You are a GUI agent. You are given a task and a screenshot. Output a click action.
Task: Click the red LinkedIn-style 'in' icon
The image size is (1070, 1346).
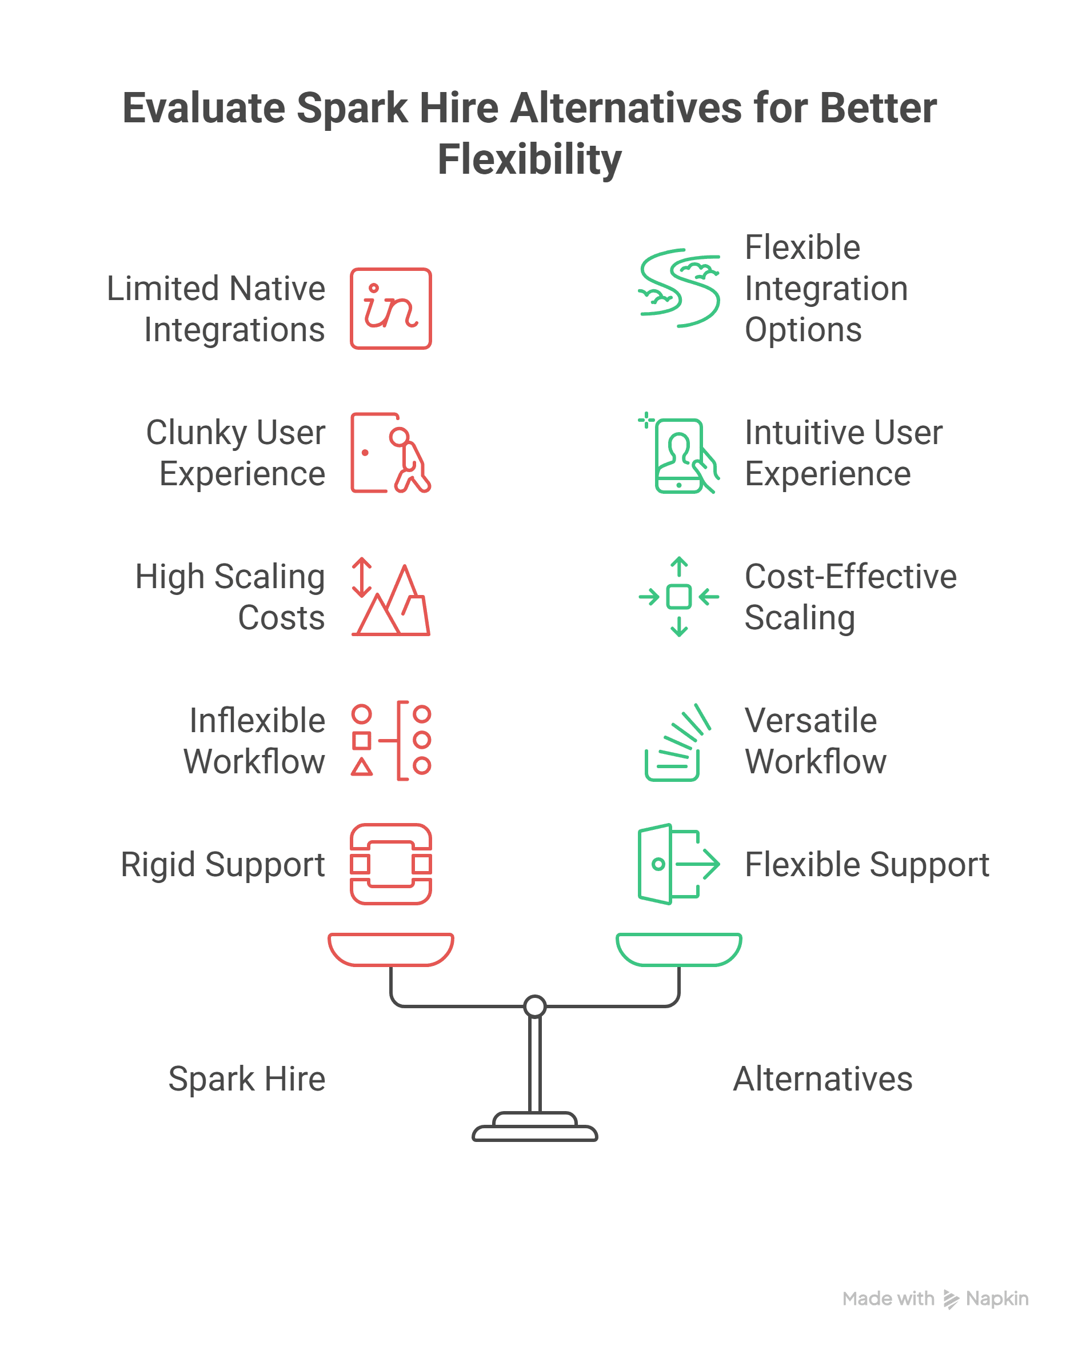390,309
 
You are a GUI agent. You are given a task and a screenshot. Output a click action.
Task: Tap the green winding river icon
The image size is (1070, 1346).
678,288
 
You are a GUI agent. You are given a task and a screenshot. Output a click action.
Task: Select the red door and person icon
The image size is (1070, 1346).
390,453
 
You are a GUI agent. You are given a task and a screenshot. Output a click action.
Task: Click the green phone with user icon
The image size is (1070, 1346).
678,454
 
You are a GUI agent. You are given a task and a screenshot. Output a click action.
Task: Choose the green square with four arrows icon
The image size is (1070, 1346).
678,597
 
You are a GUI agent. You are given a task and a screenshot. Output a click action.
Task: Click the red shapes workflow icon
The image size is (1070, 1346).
390,740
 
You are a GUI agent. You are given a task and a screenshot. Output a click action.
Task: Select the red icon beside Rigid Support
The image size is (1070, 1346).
390,864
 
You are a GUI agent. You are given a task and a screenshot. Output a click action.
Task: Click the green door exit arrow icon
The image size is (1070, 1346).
678,864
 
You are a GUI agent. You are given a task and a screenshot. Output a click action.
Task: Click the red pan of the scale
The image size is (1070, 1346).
390,948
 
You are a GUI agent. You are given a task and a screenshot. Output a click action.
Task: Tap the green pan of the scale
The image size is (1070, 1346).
678,948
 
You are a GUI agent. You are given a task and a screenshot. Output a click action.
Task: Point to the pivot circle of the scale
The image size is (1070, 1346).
535,1006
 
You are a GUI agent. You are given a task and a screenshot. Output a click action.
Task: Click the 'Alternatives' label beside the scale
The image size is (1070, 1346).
823,1079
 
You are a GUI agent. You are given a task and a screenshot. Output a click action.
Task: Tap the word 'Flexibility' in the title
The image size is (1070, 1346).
529,159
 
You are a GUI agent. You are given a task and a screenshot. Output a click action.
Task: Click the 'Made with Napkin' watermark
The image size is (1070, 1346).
935,1299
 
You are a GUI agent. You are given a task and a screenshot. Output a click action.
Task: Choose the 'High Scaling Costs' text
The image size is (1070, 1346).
230,597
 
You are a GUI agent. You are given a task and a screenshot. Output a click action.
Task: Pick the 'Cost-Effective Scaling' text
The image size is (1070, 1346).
851,597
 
